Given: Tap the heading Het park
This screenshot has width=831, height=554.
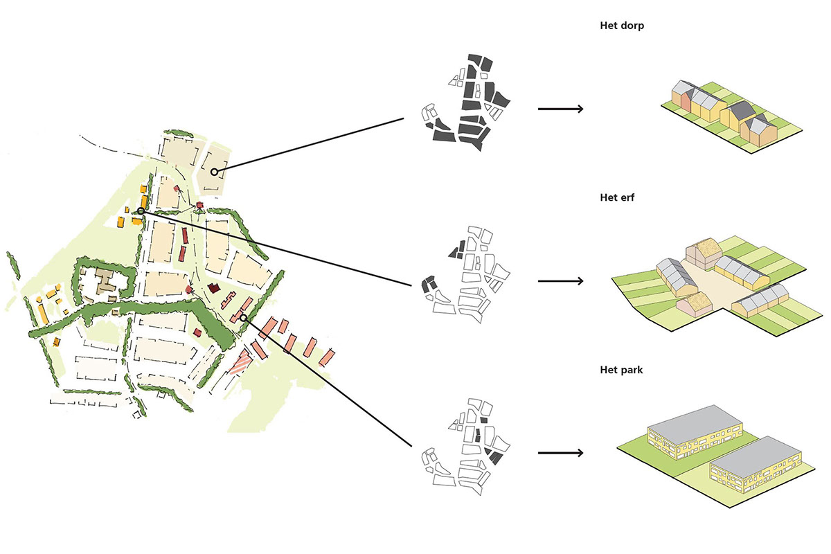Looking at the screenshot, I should [621, 370].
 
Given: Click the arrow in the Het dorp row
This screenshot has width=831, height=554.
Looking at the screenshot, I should [560, 109].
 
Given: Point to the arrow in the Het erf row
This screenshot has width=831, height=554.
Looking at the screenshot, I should [560, 281].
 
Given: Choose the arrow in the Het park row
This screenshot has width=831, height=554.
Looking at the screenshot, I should [560, 454].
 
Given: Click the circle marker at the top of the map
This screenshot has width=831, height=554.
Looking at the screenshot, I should [215, 172].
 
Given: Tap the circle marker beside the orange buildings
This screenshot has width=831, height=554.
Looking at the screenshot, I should [141, 211].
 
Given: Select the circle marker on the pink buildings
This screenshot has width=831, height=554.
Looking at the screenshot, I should [243, 318].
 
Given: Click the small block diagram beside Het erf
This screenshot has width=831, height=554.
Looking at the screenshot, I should [467, 271].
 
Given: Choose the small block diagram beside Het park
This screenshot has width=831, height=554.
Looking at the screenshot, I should [467, 443].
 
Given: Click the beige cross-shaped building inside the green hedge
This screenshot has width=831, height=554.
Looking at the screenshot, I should [107, 283].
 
